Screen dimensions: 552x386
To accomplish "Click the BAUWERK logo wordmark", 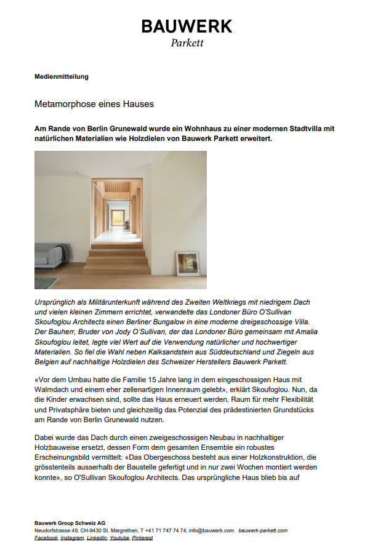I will click(x=187, y=26).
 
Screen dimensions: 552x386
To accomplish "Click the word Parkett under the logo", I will click(x=187, y=43).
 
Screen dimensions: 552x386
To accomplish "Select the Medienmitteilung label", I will click(x=62, y=76).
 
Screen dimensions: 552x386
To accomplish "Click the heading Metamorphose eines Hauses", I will click(x=94, y=104).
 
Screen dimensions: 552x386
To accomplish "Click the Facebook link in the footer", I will click(x=46, y=538).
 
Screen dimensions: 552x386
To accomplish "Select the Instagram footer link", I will click(x=72, y=538).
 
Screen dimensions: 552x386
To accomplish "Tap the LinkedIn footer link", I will click(x=97, y=538).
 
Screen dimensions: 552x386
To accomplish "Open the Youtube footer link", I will click(x=120, y=538).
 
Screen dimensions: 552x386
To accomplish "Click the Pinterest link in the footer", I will click(x=143, y=538).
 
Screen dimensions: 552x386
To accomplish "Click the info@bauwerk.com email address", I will click(x=211, y=530).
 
